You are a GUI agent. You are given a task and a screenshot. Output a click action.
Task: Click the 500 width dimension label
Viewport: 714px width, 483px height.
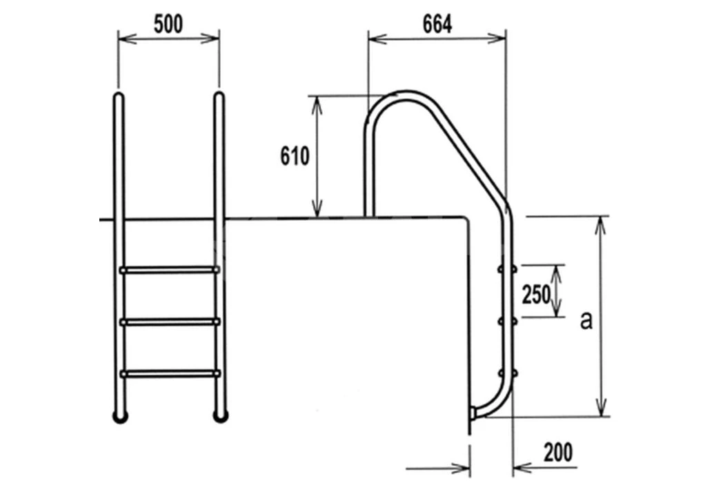(168, 24)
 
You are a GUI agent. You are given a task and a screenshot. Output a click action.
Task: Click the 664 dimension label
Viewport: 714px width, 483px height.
(437, 24)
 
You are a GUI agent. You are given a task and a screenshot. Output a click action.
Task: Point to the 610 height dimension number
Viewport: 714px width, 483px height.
(294, 157)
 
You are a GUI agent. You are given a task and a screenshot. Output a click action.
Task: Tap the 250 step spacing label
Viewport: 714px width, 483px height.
(536, 295)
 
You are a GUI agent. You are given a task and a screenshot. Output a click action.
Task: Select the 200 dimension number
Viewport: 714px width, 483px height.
(558, 453)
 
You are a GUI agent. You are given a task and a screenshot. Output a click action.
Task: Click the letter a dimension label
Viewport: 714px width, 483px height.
(586, 321)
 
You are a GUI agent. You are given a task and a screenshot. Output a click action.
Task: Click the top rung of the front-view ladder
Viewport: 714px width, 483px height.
(169, 270)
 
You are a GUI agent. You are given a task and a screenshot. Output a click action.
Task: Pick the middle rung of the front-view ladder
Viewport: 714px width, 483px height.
(169, 321)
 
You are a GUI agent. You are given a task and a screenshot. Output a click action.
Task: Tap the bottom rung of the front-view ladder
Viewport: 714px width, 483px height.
(169, 373)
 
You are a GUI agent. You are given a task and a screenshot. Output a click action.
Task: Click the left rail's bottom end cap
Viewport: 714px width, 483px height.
(120, 415)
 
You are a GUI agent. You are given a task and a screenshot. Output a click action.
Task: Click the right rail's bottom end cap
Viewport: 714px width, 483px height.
(220, 415)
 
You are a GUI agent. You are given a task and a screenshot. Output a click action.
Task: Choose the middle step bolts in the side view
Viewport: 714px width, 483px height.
(507, 320)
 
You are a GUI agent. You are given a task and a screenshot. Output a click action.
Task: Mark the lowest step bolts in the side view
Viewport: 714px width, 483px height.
(507, 373)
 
